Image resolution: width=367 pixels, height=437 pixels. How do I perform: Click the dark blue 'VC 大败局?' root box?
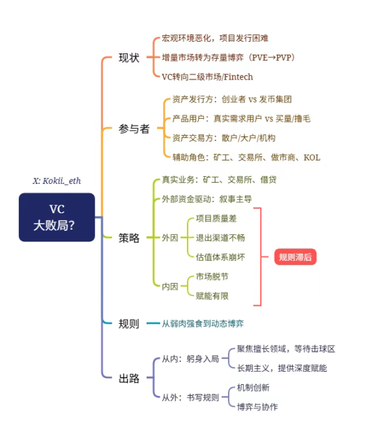(57, 217)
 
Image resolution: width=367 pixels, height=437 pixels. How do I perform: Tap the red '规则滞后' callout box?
(295, 257)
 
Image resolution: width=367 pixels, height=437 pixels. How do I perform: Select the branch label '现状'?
(129, 57)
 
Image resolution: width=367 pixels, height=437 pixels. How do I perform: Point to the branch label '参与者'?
(134, 128)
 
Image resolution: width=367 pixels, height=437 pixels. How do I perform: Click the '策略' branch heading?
(129, 237)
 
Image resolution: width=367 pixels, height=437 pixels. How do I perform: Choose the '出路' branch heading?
(129, 378)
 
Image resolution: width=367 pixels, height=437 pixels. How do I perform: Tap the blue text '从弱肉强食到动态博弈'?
(203, 324)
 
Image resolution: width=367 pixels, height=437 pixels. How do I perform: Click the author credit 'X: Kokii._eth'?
(57, 181)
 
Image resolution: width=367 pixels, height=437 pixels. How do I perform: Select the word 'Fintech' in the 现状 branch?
(239, 77)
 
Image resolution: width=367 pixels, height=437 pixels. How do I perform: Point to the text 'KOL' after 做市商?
(312, 158)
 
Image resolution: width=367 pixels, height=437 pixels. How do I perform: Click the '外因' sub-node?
(170, 237)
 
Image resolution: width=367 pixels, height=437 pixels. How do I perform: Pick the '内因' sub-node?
(170, 286)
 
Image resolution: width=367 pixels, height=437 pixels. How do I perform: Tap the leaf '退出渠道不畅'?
(220, 237)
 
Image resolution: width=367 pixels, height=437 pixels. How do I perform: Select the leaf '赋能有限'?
(212, 295)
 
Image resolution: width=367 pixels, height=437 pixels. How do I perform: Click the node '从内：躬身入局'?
(190, 359)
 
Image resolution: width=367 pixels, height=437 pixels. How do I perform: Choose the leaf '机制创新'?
(253, 387)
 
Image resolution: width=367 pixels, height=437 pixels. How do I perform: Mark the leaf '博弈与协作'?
(257, 407)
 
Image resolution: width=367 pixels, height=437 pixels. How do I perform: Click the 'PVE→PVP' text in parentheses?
(271, 57)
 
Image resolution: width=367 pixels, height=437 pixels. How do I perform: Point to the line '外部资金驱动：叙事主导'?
(207, 199)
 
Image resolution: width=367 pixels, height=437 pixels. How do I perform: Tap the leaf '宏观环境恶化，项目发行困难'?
(215, 38)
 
